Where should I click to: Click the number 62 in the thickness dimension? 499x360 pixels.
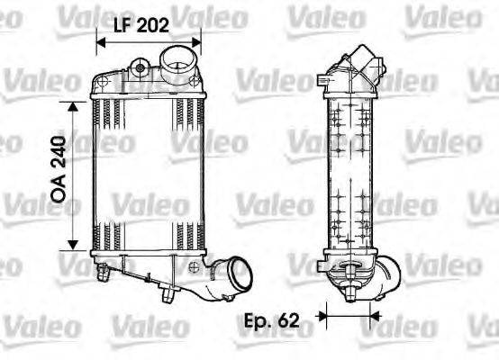tap(287, 319)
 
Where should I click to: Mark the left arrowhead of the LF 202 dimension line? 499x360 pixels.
tap(100, 42)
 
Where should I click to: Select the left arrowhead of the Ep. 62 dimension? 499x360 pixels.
tap(325, 317)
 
